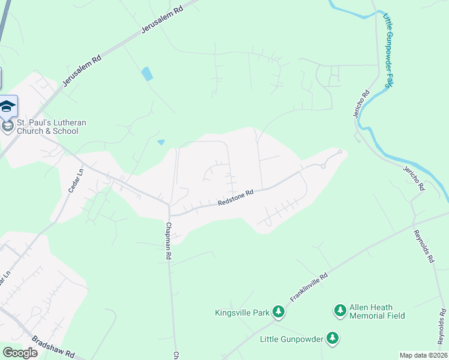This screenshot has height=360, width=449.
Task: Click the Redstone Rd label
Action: click(236, 198)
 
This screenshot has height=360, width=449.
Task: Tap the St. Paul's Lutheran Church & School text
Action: click(52, 127)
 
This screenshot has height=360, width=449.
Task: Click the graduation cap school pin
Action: click(7, 106)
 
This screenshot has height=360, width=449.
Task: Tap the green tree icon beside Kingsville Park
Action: click(278, 311)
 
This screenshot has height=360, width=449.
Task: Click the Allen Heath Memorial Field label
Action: click(377, 311)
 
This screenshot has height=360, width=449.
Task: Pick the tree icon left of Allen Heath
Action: click(339, 310)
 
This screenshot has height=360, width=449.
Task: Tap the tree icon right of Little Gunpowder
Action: click(332, 339)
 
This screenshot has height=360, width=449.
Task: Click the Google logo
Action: click(20, 353)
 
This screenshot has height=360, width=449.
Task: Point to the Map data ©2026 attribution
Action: click(423, 355)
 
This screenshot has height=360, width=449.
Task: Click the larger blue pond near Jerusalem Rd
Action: click(146, 74)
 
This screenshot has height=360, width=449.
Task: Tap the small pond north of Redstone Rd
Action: click(161, 142)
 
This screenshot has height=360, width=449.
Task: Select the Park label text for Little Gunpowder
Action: click(292, 339)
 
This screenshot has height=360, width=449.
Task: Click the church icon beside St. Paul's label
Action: click(7, 127)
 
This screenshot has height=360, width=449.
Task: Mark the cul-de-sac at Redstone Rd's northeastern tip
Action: click(340, 152)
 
